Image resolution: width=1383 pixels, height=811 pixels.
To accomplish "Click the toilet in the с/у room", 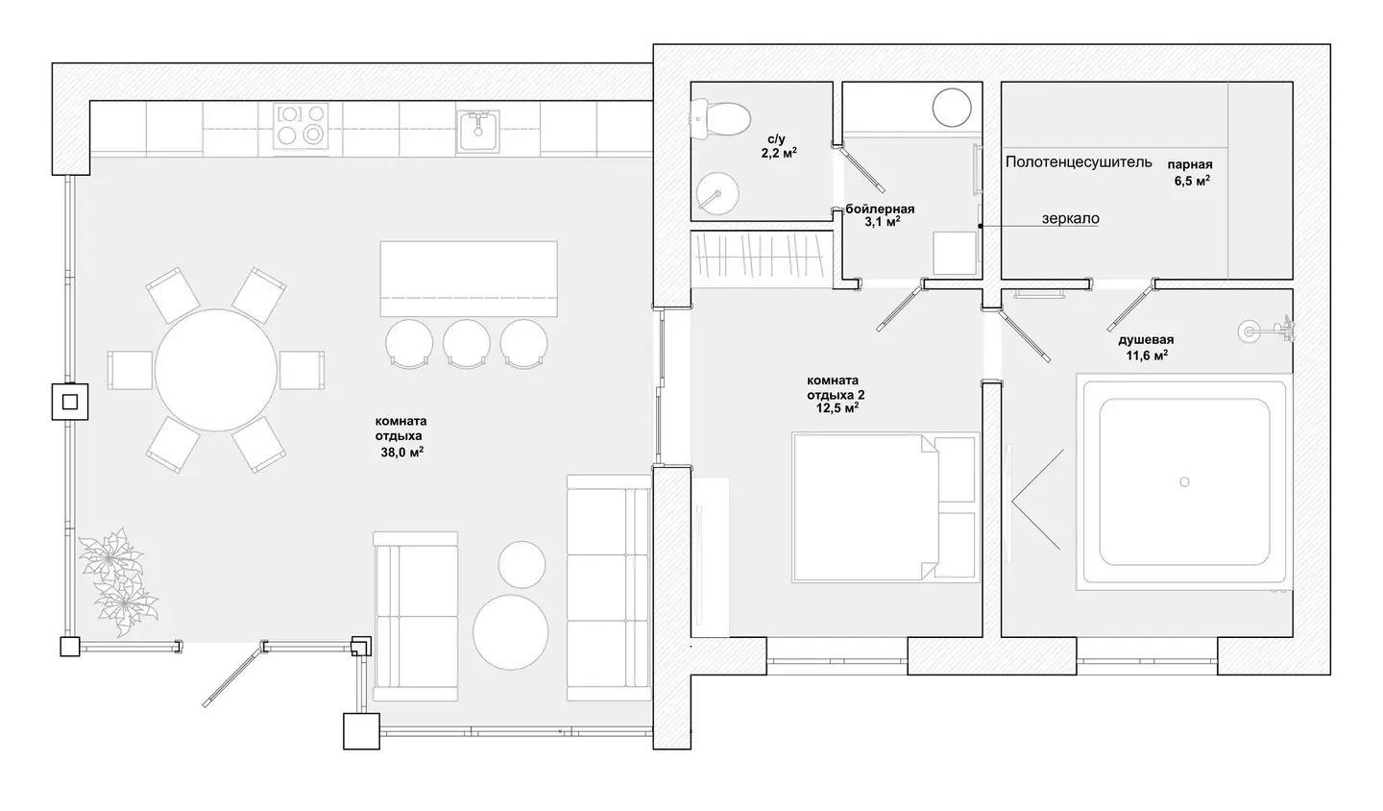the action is coord(721,119).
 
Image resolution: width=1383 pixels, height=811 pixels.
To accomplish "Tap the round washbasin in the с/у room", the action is coord(716,194).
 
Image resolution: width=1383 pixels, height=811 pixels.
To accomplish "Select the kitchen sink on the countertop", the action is coord(477,131).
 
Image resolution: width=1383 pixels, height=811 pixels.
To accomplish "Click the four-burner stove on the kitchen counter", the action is coord(301,126).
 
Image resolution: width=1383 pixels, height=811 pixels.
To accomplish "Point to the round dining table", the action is coord(215,370).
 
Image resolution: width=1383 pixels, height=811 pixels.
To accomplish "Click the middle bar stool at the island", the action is coord(466,344).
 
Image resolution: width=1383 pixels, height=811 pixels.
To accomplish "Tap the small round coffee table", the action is coord(522,564).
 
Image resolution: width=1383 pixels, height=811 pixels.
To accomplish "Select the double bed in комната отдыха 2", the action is coord(886,507).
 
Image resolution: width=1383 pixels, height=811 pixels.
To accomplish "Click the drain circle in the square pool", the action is coord(1184,481).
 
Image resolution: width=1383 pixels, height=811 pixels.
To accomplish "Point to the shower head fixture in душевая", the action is coord(1266,332).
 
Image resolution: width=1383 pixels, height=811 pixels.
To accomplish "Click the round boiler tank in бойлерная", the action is coord(952,108).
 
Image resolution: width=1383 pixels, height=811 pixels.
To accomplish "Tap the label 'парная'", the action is coord(1190,164).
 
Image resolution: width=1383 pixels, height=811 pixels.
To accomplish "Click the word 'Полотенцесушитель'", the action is coord(1079,161).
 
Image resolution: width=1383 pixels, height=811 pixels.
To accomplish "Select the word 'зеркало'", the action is coord(1071,218).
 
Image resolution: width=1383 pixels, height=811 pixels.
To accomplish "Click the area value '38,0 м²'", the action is coord(401,453).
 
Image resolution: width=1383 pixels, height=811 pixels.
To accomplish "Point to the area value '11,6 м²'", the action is coord(1147,356).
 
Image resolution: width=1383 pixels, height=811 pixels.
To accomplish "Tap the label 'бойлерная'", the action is coord(880,209).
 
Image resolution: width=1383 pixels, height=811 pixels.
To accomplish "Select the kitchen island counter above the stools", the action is coord(469,279).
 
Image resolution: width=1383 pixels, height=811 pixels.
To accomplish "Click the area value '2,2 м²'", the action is coord(779,153).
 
